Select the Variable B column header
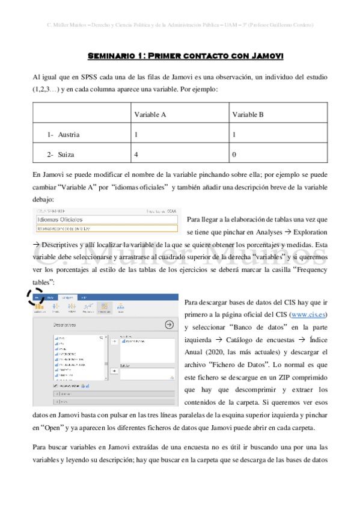pos(248,114)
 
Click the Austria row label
pos(69,134)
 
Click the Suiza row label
pos(66,155)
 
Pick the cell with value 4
pos(136,155)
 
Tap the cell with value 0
pos(234,155)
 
